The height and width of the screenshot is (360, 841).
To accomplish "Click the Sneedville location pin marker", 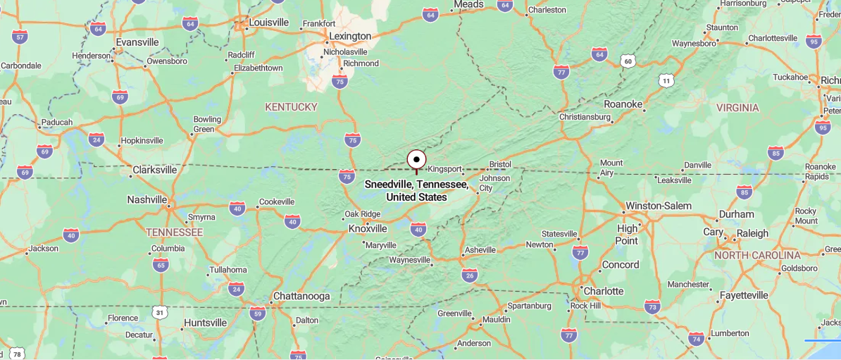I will point(416,160).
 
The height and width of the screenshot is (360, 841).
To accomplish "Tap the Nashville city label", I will point(147,199).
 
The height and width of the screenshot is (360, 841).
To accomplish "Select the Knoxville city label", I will point(368,228).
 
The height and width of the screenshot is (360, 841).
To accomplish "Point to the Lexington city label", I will point(350,36).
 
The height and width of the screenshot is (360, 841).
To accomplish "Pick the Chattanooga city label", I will point(301,296).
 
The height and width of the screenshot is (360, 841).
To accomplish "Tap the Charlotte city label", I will point(604,290).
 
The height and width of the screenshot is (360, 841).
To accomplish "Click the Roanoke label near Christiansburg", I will point(623,104).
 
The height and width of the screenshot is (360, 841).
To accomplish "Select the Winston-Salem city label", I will point(659,206).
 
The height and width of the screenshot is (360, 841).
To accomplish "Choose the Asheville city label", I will point(480,249).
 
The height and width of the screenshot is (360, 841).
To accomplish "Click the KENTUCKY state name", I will point(291,106).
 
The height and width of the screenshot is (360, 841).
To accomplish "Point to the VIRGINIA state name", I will point(737,108).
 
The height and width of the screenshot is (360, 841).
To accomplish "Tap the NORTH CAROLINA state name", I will point(757,255).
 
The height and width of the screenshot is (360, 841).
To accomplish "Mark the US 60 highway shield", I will point(628,62).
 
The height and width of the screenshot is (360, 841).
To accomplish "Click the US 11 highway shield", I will point(666,81).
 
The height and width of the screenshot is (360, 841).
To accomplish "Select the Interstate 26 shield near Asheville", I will point(470,275).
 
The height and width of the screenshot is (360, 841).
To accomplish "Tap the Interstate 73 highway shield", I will point(652,306).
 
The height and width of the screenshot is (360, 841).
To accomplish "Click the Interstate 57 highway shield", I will point(20,37).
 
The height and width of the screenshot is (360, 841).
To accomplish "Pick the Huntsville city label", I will point(205,323).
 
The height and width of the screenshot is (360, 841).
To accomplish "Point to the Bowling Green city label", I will point(207,124).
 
